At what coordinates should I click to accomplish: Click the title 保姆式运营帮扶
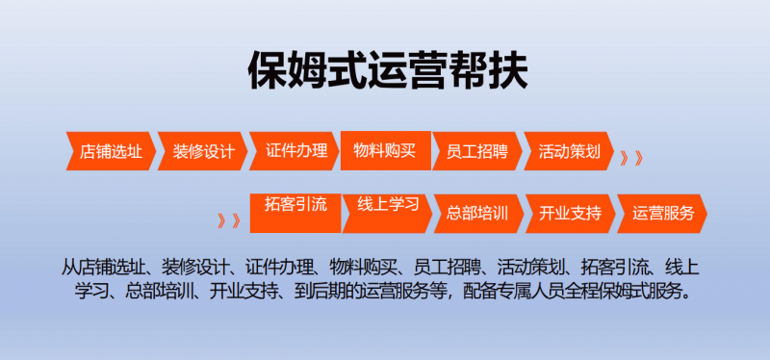pos(388,71)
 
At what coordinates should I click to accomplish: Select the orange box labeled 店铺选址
pos(111,151)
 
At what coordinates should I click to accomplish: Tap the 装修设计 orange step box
pos(203,151)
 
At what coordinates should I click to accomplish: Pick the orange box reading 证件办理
pos(295,151)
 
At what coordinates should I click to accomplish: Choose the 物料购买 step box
pos(386,151)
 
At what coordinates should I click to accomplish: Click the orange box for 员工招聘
pos(477,151)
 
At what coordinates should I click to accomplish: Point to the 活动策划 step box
pos(569,151)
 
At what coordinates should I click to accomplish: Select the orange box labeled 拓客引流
pos(295,213)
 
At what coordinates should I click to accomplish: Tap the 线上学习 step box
pos(388,214)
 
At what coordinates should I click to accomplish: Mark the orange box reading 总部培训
pos(478,214)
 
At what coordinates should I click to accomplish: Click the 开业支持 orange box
pos(571,214)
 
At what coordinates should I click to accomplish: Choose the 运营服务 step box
pos(662,214)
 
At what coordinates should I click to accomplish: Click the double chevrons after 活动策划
pos(631,158)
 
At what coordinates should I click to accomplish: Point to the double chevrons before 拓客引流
pos(229,221)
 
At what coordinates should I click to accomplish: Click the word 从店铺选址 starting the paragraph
pos(104,268)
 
